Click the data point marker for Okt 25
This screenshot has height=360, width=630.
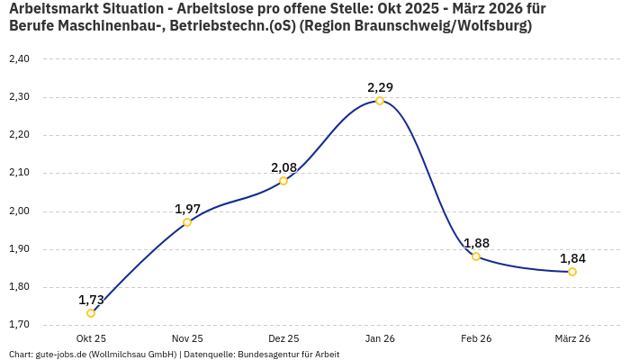91,313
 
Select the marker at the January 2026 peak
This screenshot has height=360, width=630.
380,101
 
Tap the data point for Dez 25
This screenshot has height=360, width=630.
283,181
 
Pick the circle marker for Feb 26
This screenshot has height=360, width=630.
476,256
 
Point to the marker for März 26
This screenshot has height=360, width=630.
572,272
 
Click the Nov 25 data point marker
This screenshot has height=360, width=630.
187,222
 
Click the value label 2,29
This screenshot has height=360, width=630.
380,87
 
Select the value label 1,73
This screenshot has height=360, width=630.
91,300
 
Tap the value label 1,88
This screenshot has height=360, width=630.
476,243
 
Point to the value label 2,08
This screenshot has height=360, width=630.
283,167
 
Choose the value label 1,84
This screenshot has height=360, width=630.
572,258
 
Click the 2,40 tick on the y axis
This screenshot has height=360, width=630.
19,59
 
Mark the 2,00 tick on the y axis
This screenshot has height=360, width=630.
19,211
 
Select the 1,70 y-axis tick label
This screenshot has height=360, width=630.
19,325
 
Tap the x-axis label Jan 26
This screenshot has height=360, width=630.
380,338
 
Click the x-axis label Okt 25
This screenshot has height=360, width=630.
91,338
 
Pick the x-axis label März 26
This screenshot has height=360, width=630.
572,338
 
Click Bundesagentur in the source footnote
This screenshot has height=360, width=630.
265,355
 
